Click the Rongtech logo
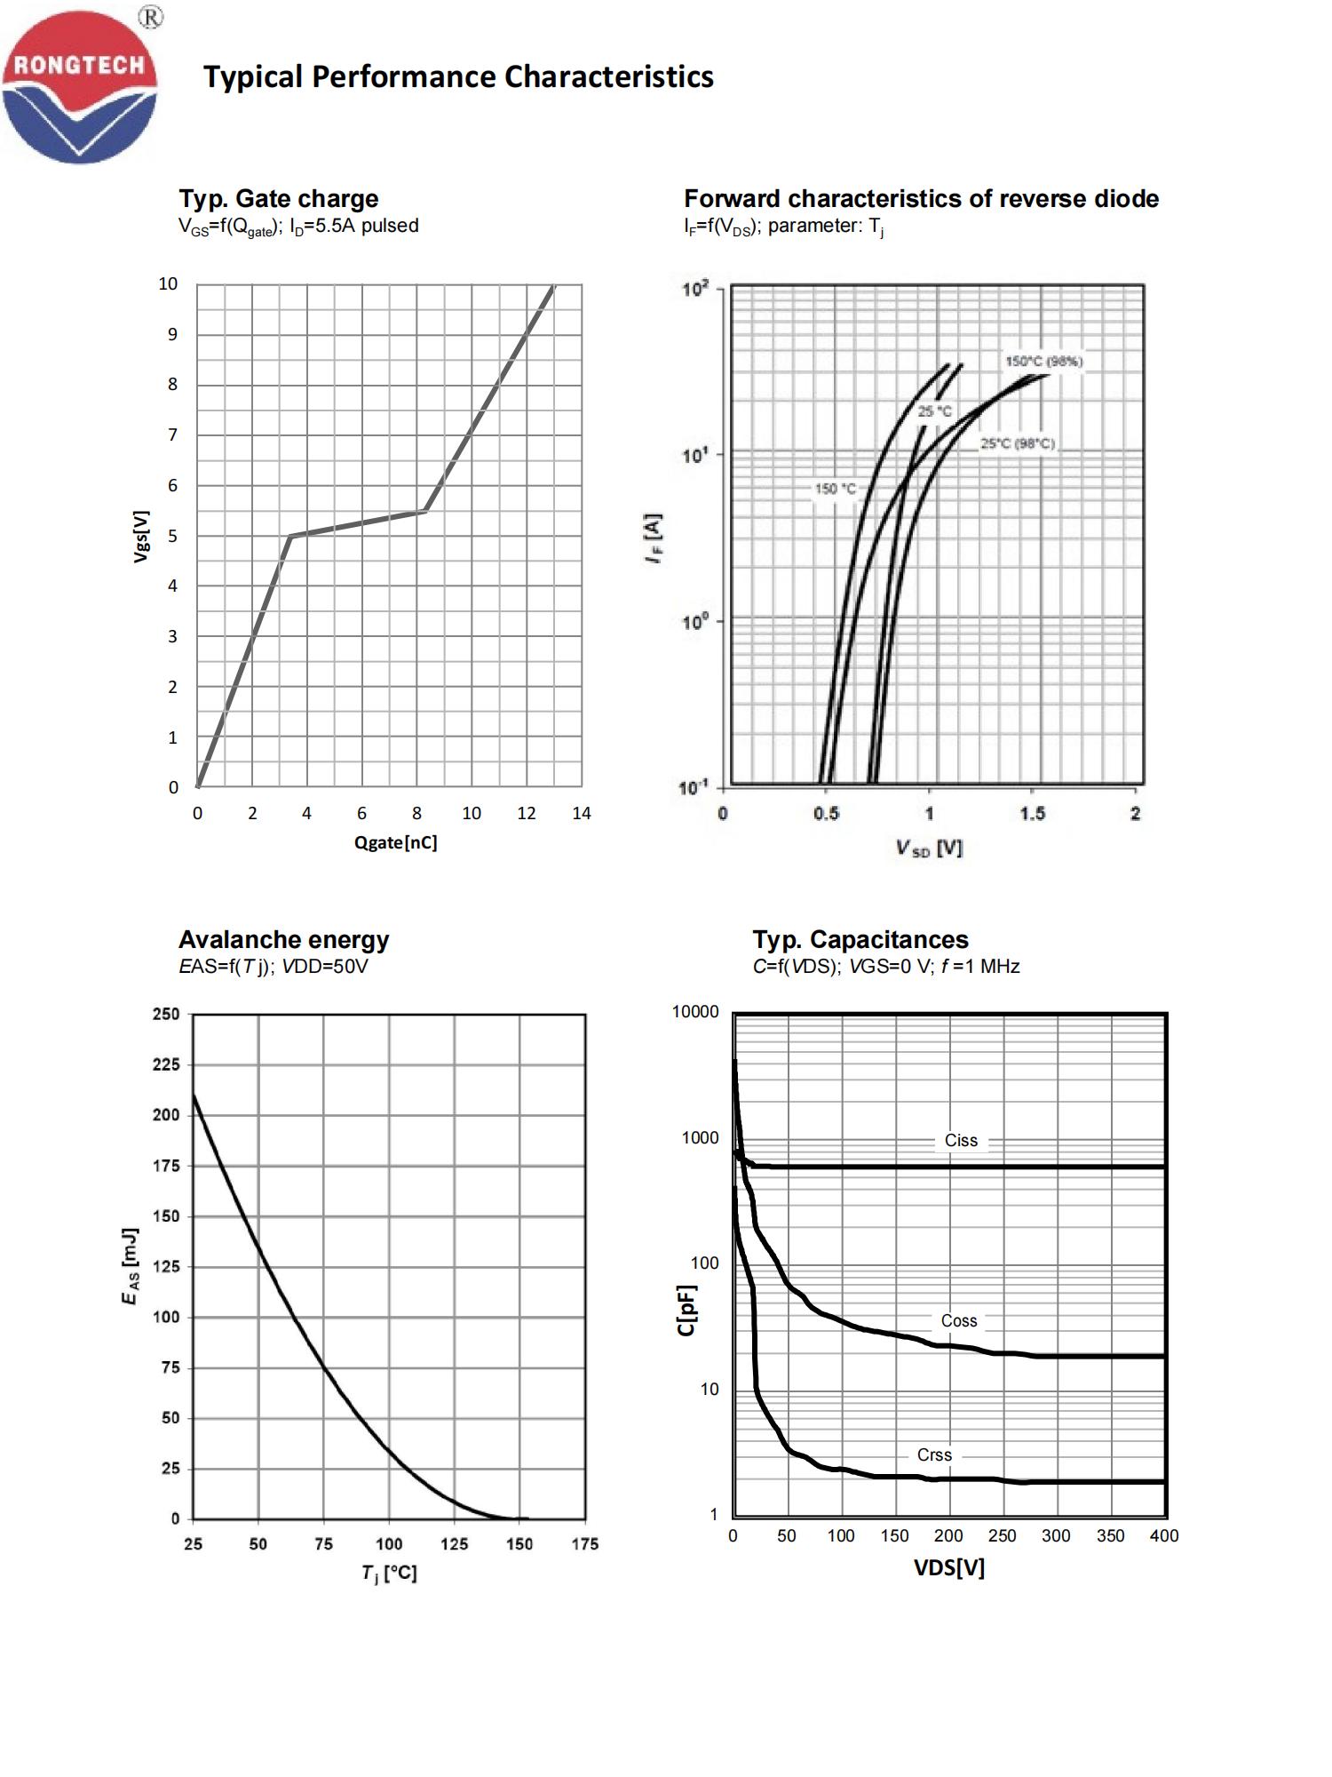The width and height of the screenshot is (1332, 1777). pyautogui.click(x=80, y=86)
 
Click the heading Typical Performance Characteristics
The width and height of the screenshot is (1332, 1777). pyautogui.click(x=458, y=77)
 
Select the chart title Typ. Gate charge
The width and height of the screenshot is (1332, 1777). pyautogui.click(x=278, y=198)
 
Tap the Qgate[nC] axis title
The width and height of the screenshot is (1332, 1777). pyautogui.click(x=395, y=842)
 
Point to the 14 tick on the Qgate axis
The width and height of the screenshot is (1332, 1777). pyautogui.click(x=581, y=813)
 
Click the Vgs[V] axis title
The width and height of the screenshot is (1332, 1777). pyautogui.click(x=141, y=536)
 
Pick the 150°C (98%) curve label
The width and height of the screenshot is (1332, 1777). pyautogui.click(x=1043, y=362)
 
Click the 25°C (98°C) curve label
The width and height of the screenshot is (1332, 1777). pyautogui.click(x=1018, y=443)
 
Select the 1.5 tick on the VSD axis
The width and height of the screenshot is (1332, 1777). pyautogui.click(x=1032, y=814)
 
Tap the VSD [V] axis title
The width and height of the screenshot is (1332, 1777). pyautogui.click(x=929, y=849)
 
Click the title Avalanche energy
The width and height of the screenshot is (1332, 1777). pyautogui.click(x=283, y=939)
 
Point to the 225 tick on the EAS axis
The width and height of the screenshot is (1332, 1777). pyautogui.click(x=166, y=1064)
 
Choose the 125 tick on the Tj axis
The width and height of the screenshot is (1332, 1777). pyautogui.click(x=454, y=1544)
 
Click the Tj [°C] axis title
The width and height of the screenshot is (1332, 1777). pyautogui.click(x=388, y=1574)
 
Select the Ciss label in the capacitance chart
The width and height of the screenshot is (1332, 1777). pyautogui.click(x=961, y=1141)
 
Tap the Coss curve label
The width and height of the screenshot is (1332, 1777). pyautogui.click(x=959, y=1321)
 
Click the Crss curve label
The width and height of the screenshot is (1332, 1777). pyautogui.click(x=934, y=1455)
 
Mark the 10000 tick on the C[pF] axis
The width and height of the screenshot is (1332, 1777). pyautogui.click(x=695, y=1012)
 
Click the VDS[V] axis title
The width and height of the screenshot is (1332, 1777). pyautogui.click(x=949, y=1568)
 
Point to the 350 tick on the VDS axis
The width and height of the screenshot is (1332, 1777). pyautogui.click(x=1110, y=1536)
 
